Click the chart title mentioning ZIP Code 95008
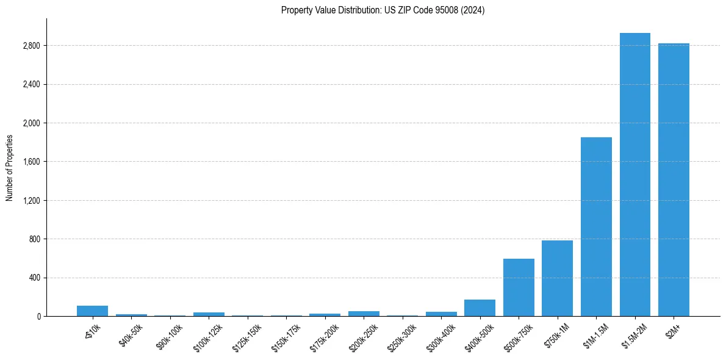coord(383,10)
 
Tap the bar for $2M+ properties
coord(674,180)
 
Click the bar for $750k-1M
coord(557,278)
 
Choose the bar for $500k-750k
coord(519,287)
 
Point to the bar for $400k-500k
coord(480,308)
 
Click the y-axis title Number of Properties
coord(10,168)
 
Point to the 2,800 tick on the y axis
coord(31,46)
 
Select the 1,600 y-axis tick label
coord(31,162)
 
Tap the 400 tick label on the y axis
coord(34,278)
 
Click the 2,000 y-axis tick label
coord(31,123)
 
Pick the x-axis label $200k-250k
coord(363,335)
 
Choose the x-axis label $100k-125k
coord(208,335)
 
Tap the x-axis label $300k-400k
coord(440,335)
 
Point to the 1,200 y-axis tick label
coord(31,201)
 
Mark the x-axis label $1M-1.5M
coord(596,334)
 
